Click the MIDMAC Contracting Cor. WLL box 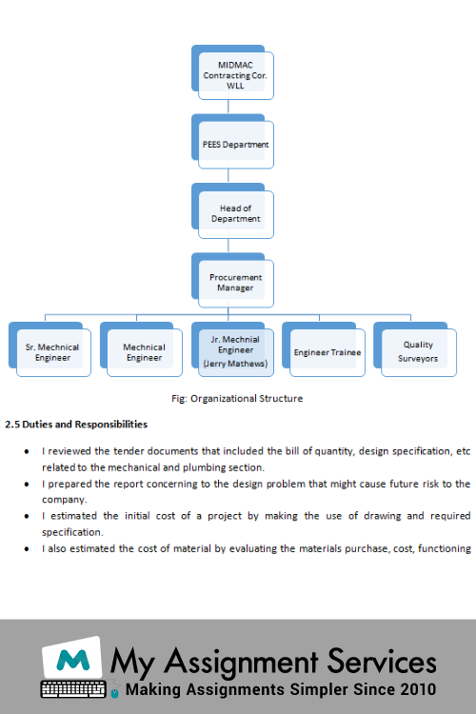pos(232,72)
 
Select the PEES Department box pos(232,142)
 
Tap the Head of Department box pos(232,210)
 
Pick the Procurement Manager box pos(232,280)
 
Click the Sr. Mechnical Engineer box pos(50,349)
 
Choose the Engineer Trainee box pos(324,349)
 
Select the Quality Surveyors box pos(415,349)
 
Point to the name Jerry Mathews pos(235,364)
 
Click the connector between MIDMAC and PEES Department pos(228,107)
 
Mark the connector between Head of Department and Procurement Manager pos(228,246)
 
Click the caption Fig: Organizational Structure pos(237,399)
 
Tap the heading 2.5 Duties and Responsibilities pos(76,425)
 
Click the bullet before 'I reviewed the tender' pos(27,451)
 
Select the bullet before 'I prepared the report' pos(27,484)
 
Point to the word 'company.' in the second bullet pos(64,500)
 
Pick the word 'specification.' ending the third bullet pos(72,532)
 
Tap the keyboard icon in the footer pos(73,689)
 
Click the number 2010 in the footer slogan pos(418,689)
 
